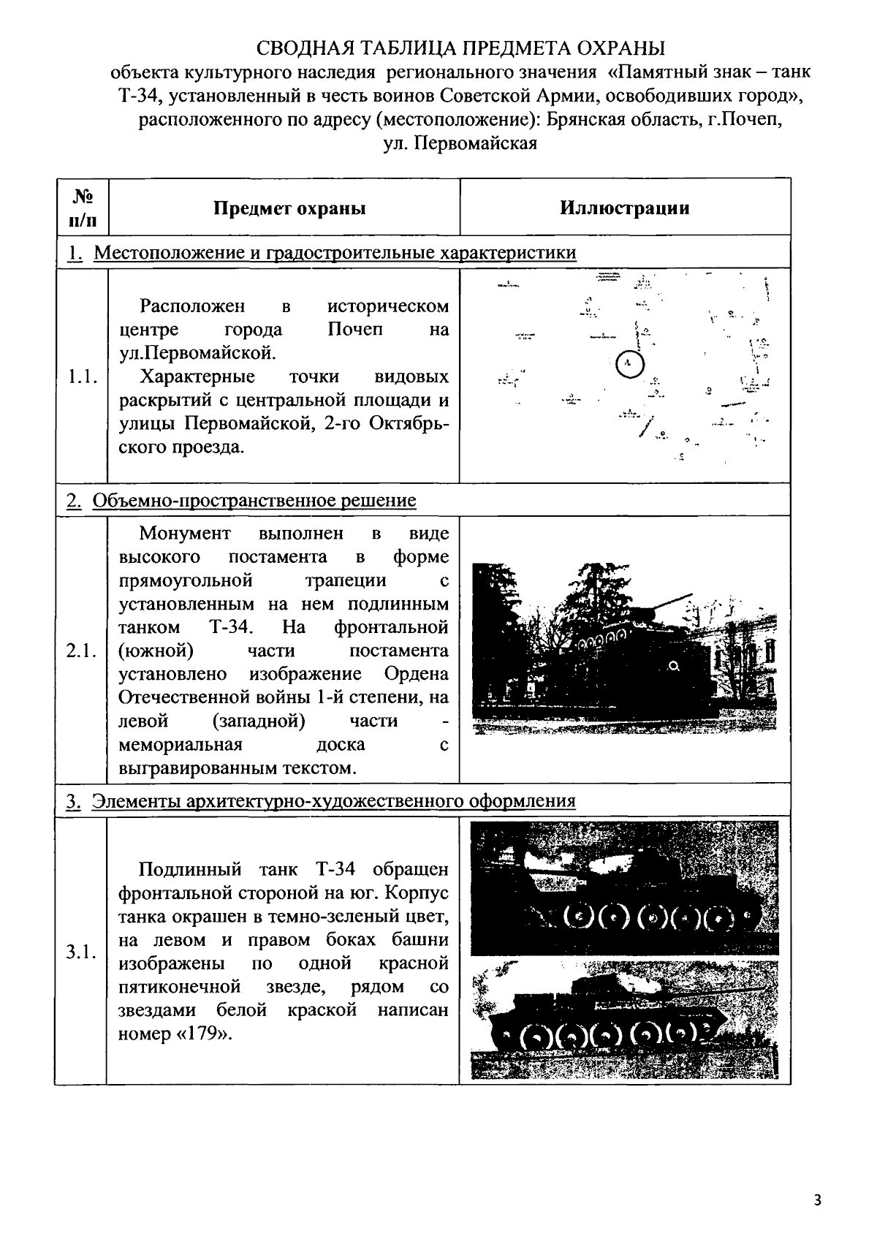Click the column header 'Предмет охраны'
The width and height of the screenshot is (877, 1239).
coord(289,208)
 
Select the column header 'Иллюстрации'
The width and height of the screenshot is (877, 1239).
coord(625,208)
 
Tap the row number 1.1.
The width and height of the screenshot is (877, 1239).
coord(82,376)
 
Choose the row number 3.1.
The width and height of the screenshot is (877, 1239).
coord(82,952)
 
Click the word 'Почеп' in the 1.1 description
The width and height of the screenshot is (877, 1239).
coord(354,329)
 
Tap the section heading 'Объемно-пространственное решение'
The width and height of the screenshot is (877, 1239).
coord(254,501)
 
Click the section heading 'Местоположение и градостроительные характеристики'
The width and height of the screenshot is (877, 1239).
coord(335,253)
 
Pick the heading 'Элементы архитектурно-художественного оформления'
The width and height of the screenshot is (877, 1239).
coord(333,801)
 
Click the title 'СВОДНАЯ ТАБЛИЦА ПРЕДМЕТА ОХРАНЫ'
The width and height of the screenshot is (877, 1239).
coord(461,49)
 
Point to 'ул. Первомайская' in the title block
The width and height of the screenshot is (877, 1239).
coord(460,143)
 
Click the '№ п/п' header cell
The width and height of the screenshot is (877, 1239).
coord(82,208)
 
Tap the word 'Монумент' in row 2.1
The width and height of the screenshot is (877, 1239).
coord(185,533)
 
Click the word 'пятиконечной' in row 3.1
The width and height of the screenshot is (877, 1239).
coord(180,987)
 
